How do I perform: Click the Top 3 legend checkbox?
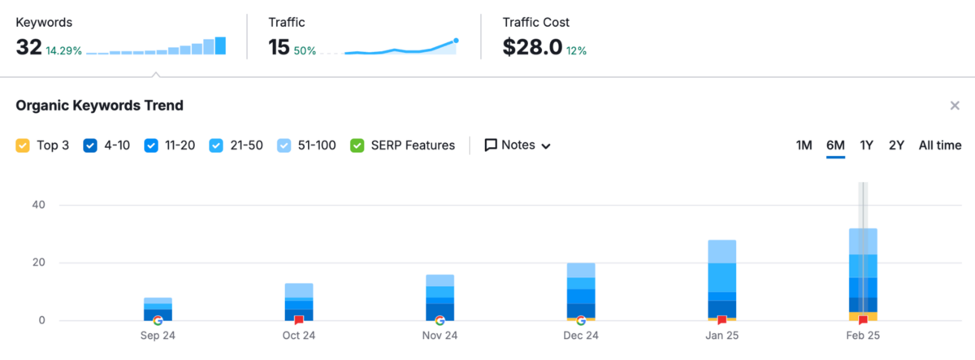23,145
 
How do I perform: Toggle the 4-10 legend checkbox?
90,145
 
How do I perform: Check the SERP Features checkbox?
357,145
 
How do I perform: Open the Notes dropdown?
518,145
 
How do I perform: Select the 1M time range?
804,145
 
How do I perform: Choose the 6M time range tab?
835,145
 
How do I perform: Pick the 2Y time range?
896,145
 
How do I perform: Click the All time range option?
940,145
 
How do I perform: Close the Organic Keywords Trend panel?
955,106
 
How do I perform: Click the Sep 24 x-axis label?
158,336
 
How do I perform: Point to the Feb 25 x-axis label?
863,336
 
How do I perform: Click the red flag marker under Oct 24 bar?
299,320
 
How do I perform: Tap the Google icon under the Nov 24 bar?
440,320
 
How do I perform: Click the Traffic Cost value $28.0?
532,47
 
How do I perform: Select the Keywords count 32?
28,47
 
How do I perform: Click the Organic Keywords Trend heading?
99,106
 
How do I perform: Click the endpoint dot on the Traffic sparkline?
456,40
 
